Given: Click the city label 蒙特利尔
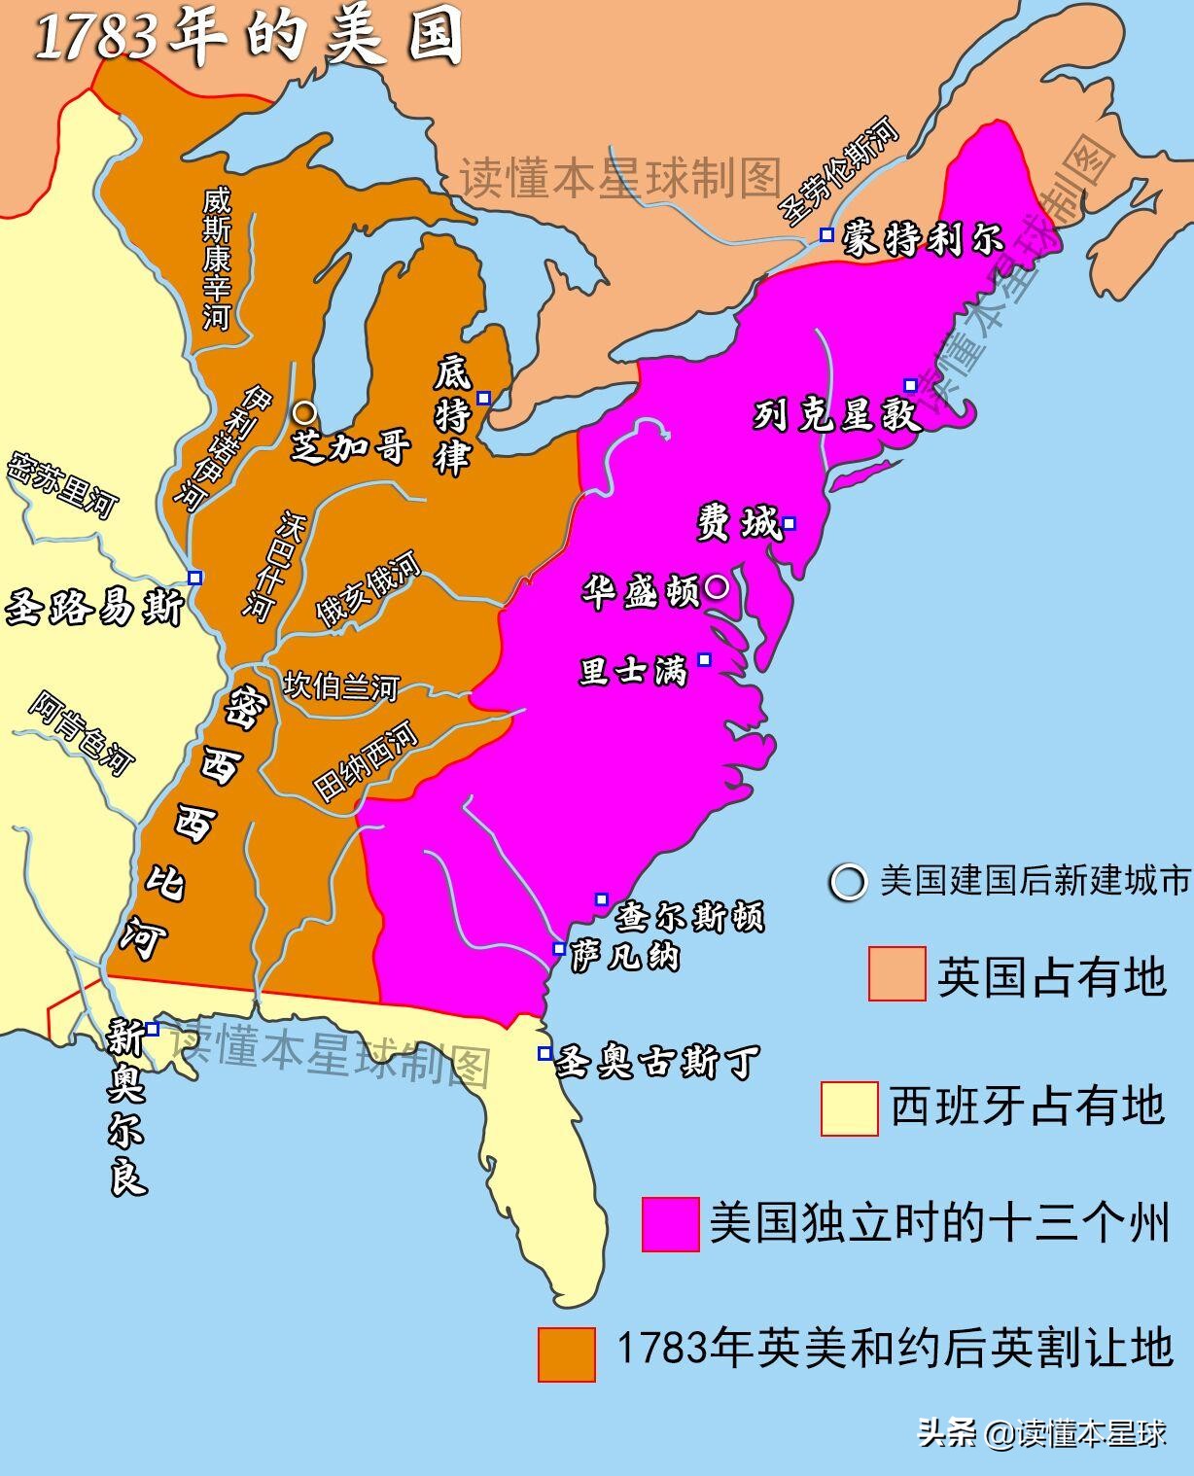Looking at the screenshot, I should [921, 238].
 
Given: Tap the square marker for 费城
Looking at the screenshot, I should [790, 524].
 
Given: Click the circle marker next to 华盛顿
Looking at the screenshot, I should [717, 586].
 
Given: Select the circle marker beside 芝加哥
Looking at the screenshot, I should [304, 412].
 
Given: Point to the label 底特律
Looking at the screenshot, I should [452, 415].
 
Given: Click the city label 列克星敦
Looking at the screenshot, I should [836, 415].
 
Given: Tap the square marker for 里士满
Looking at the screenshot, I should [705, 660].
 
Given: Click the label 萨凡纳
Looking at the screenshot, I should [624, 957].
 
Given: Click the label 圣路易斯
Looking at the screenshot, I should [94, 608].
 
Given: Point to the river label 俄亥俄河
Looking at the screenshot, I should [368, 588].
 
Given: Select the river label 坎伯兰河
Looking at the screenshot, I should [340, 686].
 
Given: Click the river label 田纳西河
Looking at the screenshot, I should [366, 761].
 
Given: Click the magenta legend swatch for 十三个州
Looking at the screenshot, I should [670, 1223].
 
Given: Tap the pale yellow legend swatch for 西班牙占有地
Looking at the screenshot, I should [849, 1108].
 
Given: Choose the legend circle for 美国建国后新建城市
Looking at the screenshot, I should [847, 882].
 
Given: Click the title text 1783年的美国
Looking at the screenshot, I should [247, 39].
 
